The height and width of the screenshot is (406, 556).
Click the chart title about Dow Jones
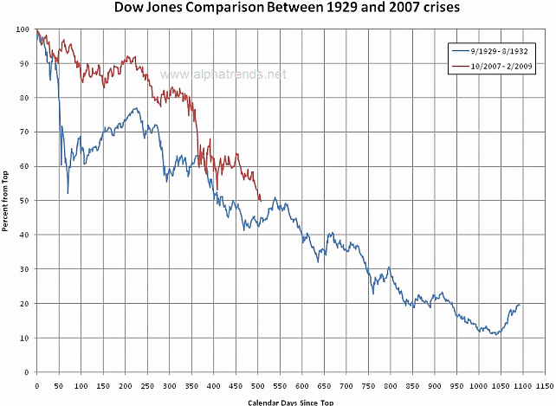(278, 8)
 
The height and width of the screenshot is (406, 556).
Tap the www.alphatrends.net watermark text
(223, 75)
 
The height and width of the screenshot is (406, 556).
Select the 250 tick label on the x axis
(147, 387)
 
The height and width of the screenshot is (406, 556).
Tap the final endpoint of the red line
(261, 200)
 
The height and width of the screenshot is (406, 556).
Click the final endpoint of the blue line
(520, 305)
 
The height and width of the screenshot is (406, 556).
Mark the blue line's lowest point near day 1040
(495, 334)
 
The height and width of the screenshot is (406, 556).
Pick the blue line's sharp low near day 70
(68, 193)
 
